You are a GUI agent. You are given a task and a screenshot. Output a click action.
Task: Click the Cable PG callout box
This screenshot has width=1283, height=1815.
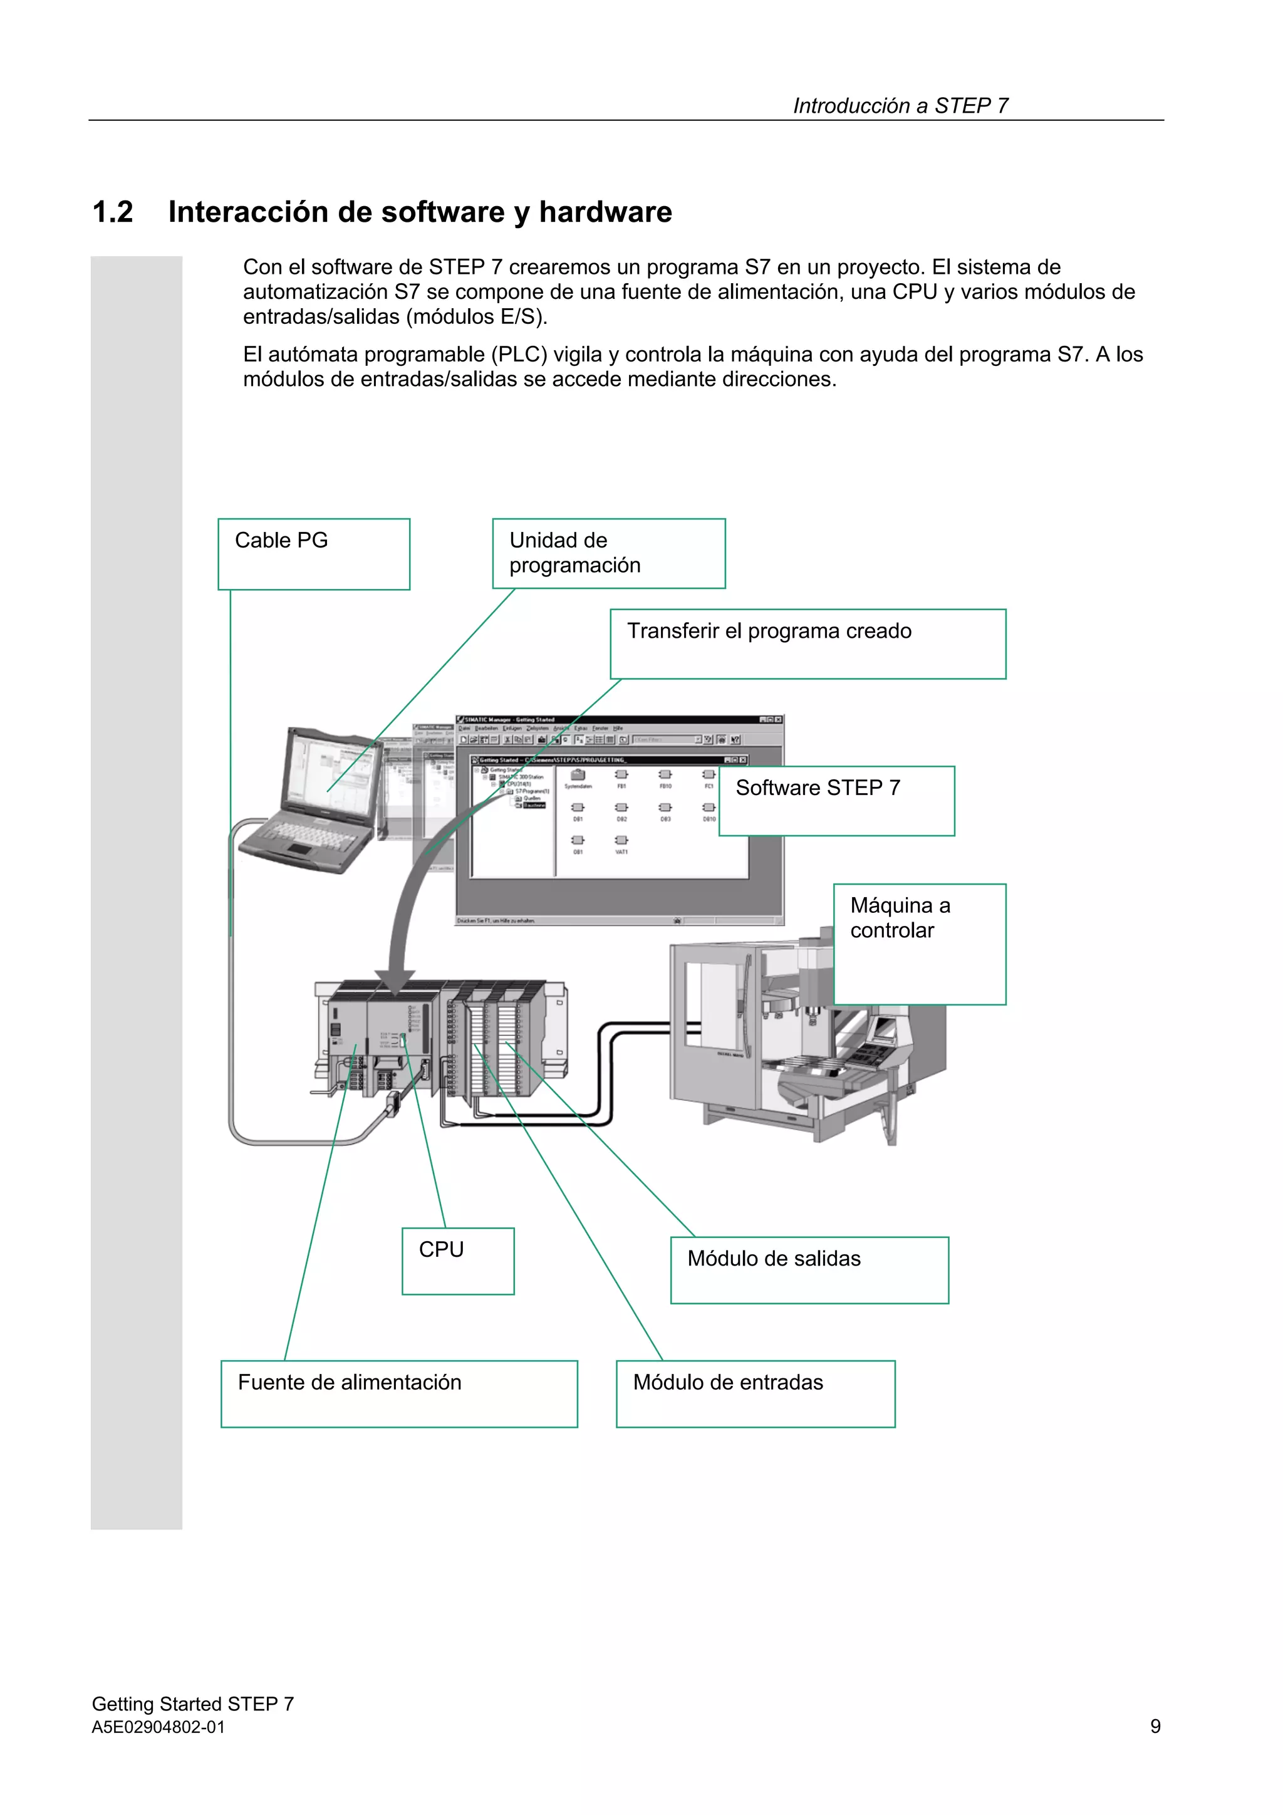[313, 553]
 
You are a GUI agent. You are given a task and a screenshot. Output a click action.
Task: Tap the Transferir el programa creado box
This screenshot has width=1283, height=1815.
[807, 643]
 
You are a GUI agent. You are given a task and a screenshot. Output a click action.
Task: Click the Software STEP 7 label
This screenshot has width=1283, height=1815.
[836, 800]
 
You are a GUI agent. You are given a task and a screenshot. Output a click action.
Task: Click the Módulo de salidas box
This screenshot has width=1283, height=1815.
[809, 1269]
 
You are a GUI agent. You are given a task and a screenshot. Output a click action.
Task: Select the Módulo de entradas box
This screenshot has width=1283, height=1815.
[755, 1393]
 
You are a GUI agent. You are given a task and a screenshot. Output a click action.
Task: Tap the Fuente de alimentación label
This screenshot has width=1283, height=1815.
[398, 1393]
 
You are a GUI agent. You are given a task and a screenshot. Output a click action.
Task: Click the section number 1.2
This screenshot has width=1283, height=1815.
[113, 212]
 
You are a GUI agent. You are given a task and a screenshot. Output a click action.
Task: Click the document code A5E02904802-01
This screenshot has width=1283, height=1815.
[158, 1727]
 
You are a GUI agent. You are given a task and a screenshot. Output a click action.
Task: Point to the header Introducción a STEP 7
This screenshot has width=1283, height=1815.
[900, 105]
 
